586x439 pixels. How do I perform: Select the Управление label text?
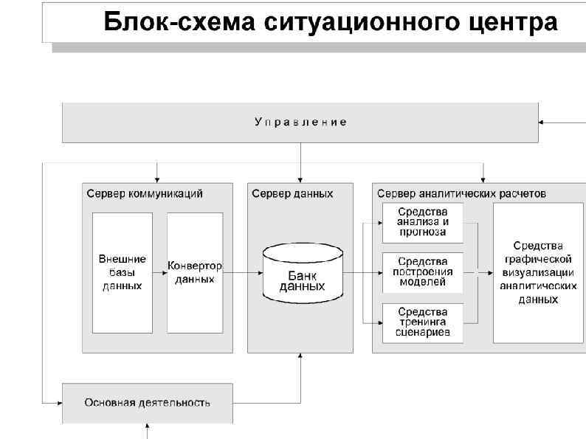300,122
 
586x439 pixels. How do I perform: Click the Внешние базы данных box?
122,272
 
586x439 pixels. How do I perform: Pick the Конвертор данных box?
195,272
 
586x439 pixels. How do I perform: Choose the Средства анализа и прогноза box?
422,221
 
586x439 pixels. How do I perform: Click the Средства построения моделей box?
422,272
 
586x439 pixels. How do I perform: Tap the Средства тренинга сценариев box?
422,322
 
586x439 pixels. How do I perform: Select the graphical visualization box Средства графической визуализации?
538,272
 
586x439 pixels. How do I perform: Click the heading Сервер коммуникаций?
145,193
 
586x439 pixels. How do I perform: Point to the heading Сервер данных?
292,193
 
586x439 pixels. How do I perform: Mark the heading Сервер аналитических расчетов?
462,193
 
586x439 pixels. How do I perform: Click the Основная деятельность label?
147,403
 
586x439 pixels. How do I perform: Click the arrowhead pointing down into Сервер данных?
301,178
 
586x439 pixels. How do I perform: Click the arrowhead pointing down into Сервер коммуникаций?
156,178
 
